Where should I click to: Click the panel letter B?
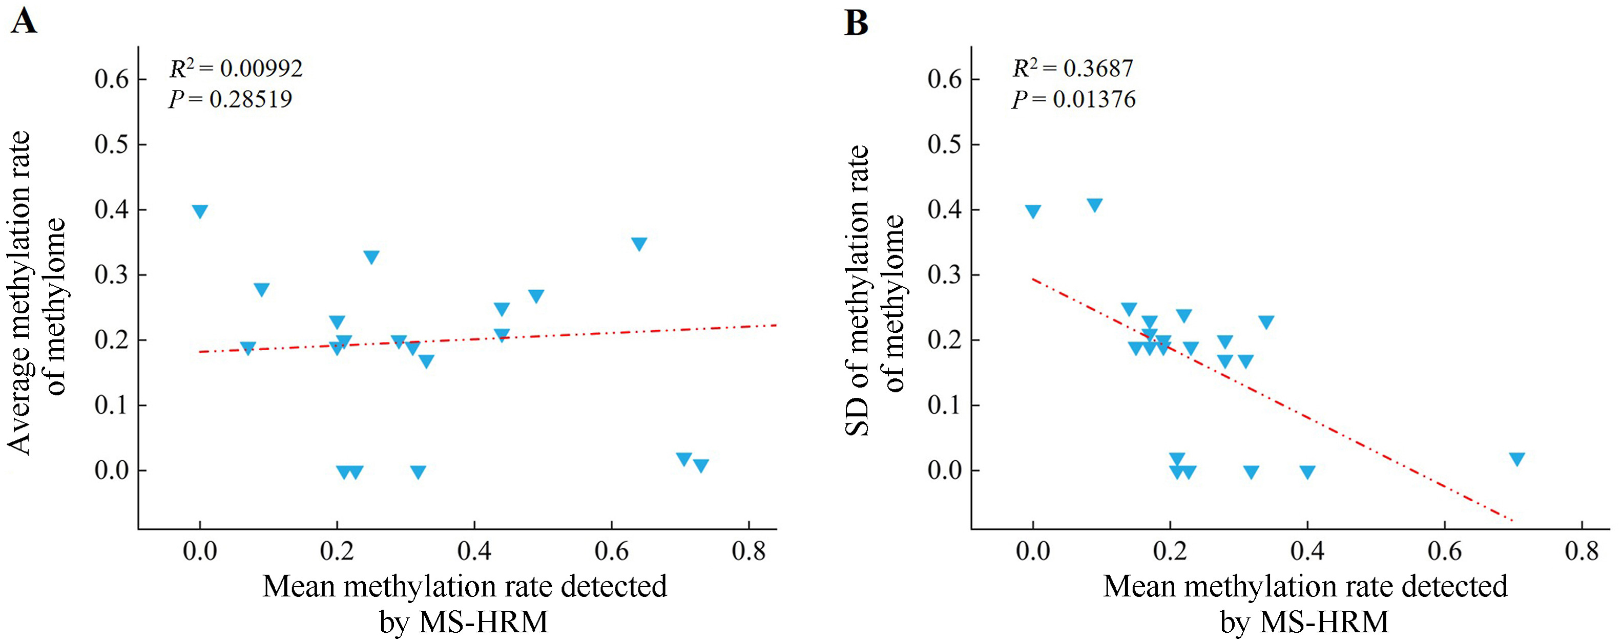[856, 23]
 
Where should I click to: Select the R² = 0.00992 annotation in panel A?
[236, 68]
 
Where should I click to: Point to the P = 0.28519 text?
[231, 99]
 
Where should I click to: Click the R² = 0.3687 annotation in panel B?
[1073, 68]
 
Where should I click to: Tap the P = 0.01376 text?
[1074, 99]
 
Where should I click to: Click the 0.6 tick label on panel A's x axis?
[611, 552]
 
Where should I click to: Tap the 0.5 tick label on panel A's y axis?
[112, 145]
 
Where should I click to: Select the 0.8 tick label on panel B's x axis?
[1581, 552]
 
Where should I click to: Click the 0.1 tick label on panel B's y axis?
[945, 405]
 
